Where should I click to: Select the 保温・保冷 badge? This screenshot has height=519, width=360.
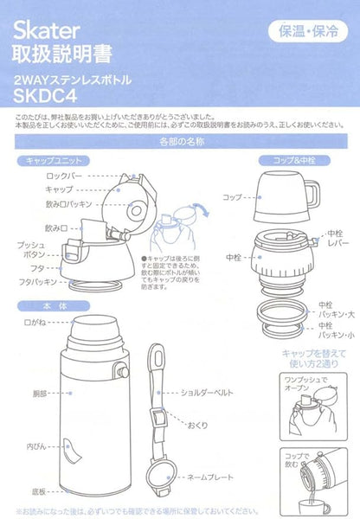(306, 33)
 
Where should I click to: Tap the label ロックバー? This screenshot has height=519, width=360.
(67, 175)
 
